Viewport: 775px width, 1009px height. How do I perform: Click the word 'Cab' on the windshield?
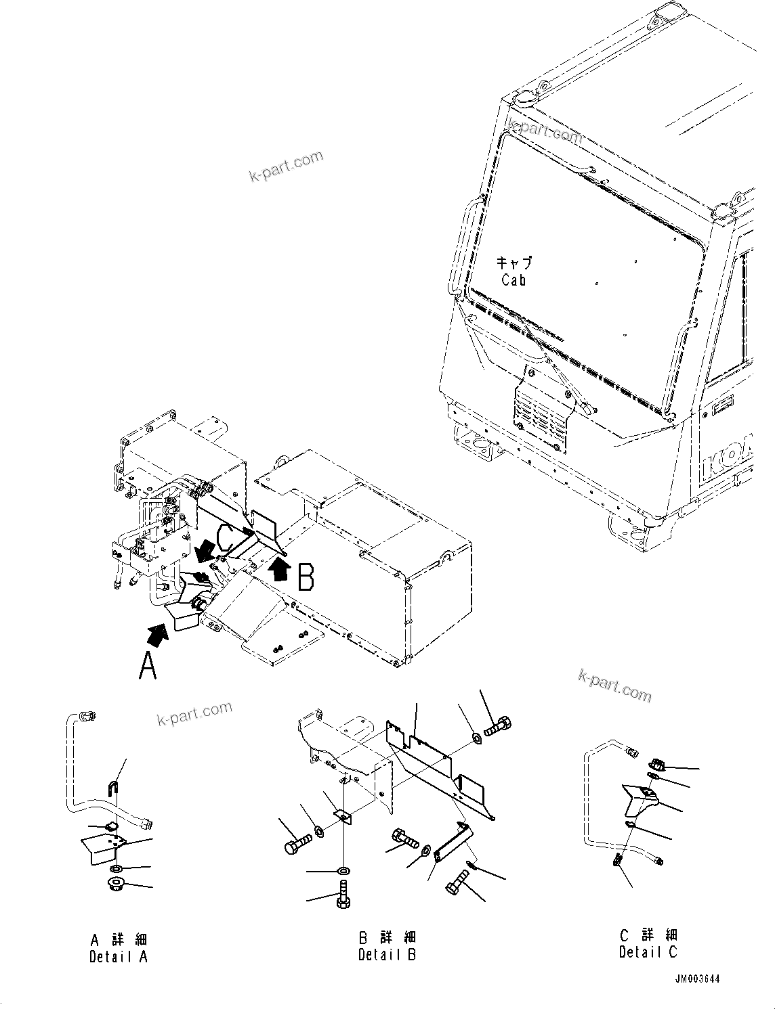514,279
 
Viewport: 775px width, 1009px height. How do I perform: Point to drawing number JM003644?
697,979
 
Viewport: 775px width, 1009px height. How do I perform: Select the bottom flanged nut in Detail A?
116,884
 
